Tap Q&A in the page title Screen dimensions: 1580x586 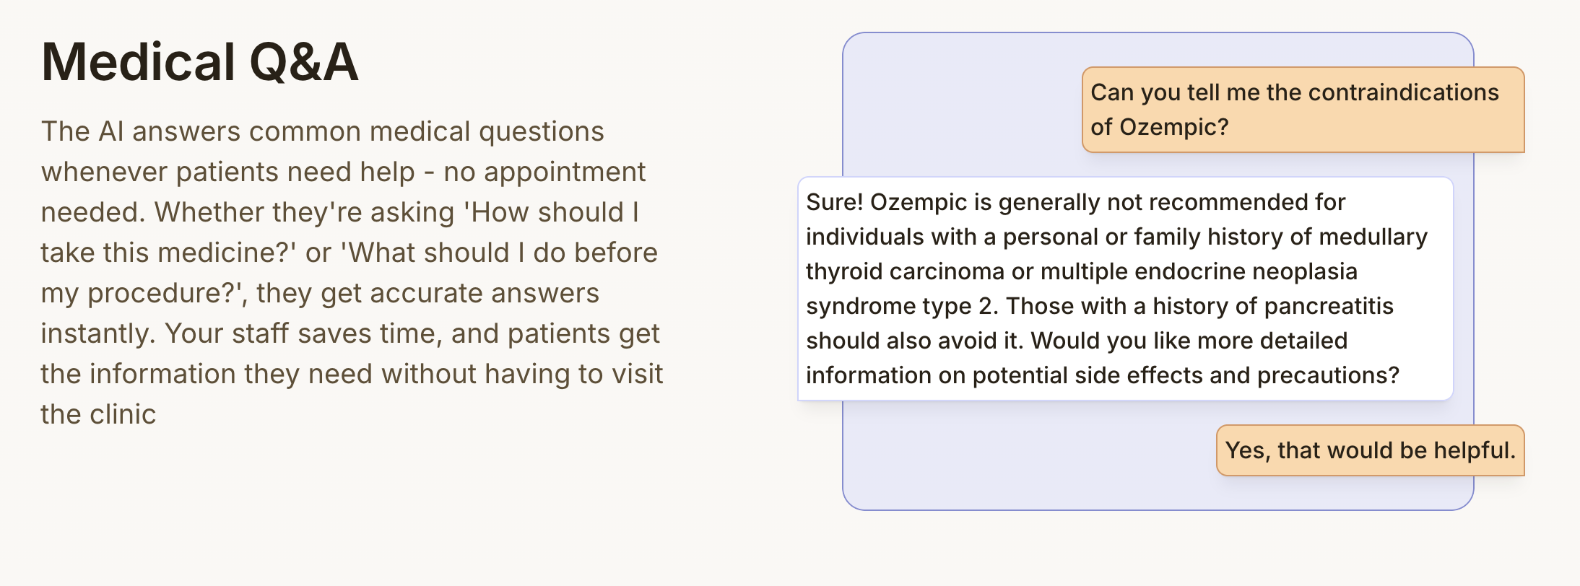[303, 62]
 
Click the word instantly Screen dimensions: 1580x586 [97, 334]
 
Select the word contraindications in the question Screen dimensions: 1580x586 [1403, 92]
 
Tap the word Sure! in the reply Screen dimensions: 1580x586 [834, 202]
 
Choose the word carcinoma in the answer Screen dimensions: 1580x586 [946, 271]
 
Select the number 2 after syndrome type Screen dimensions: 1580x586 [986, 306]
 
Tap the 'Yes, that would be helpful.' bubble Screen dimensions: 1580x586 [1370, 450]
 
